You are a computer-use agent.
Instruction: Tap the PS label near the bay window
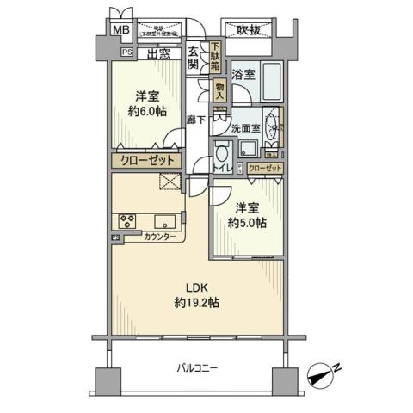tap(126, 52)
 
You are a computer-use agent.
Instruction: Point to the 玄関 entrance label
tap(193, 57)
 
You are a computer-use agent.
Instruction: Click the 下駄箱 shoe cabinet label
tap(215, 58)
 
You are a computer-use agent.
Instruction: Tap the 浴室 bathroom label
tap(243, 75)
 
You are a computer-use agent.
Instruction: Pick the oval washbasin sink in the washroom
tap(275, 127)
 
